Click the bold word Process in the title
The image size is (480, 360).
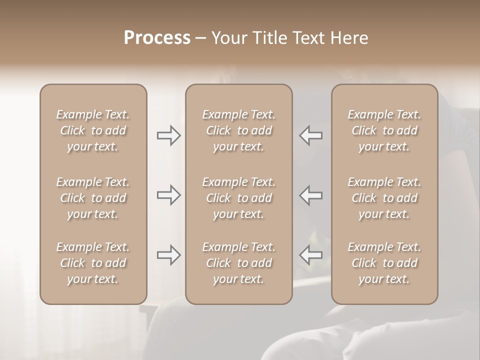157,38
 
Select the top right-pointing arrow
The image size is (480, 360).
169,135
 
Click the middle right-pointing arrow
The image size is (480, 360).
169,195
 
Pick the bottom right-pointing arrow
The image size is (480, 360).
169,255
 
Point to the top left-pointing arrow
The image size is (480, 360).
311,135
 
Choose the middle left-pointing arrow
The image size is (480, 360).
311,195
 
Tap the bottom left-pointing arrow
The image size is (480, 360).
311,255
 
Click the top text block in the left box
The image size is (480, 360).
93,130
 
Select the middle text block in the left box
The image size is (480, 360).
93,198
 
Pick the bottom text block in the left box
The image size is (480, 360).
93,263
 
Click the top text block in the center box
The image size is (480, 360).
239,130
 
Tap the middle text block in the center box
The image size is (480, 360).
239,198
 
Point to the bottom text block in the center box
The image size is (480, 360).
239,263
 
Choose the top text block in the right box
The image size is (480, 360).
384,130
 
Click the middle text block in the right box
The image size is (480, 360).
384,198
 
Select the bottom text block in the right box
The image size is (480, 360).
384,263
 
